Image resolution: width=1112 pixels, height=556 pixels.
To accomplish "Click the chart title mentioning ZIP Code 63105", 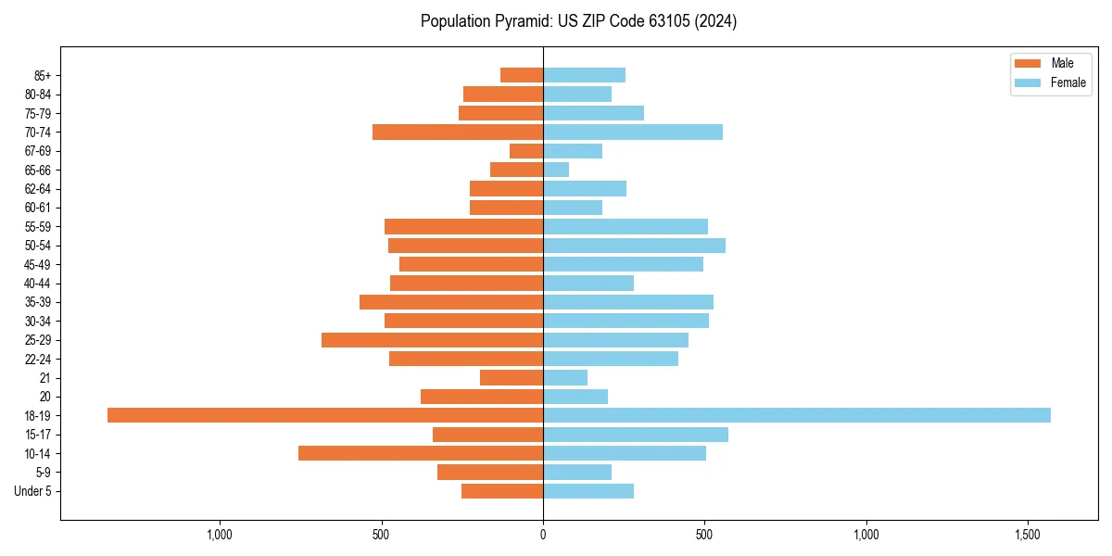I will tap(578, 21).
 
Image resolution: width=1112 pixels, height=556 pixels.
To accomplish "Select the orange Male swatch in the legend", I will tap(1028, 63).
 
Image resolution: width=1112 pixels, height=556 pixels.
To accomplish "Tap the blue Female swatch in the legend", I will tap(1028, 82).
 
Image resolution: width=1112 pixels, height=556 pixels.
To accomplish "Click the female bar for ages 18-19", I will tap(796, 415).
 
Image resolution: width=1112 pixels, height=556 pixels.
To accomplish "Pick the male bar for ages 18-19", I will tap(325, 415).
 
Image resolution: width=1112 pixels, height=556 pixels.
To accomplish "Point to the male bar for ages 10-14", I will tap(421, 453).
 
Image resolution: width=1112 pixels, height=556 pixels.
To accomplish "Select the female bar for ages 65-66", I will tap(556, 170).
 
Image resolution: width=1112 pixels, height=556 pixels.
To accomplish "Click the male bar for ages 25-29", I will tap(432, 340).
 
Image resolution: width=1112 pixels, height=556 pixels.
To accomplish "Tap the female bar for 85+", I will tap(584, 75).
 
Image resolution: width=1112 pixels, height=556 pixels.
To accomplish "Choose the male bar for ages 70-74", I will tap(458, 132).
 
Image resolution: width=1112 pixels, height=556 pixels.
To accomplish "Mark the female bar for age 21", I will tap(565, 377).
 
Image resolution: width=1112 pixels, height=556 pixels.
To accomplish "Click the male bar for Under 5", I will tap(502, 491).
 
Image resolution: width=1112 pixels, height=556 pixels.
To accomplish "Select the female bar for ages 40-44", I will tap(588, 283).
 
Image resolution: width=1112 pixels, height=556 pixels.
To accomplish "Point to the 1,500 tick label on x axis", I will tap(1028, 535).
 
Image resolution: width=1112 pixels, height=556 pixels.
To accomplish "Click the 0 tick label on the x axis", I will tap(543, 535).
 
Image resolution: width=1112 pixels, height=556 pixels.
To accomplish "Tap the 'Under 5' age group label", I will tap(32, 491).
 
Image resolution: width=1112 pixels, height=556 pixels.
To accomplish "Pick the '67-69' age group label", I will tap(38, 151).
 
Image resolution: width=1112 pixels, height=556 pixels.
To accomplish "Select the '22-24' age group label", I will tap(38, 359).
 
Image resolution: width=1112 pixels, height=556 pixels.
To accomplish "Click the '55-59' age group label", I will tap(38, 226).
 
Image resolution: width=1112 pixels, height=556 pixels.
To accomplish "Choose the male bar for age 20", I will tap(482, 397).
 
